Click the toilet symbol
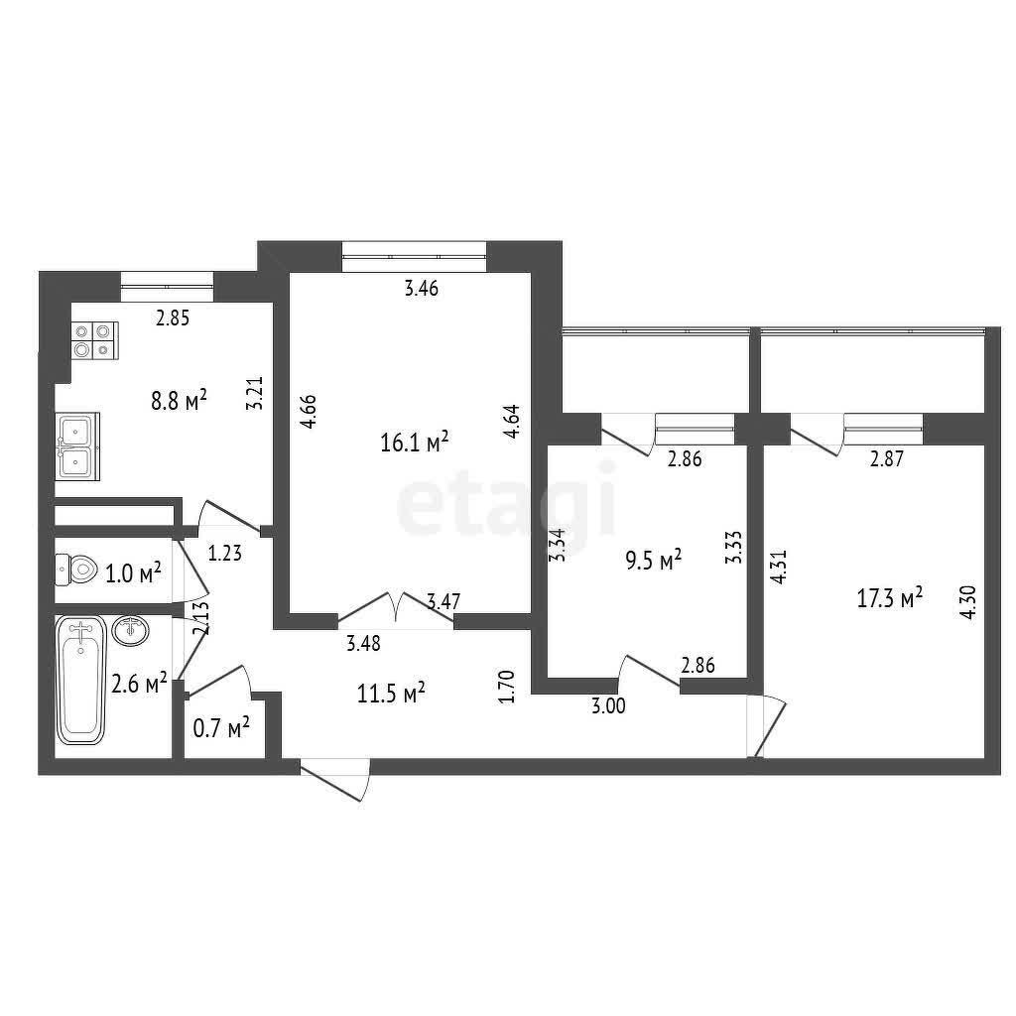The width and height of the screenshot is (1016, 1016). click(76, 570)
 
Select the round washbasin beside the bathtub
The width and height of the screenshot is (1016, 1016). click(130, 630)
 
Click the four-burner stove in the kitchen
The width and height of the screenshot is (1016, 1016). click(94, 340)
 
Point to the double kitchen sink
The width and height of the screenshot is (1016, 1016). click(77, 445)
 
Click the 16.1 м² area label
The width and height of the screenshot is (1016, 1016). click(415, 443)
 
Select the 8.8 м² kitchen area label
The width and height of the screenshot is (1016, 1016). click(179, 400)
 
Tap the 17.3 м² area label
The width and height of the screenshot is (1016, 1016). click(890, 598)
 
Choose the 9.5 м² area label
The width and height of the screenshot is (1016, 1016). click(653, 560)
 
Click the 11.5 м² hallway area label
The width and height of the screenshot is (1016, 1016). click(391, 694)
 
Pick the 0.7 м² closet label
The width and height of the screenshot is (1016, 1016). click(221, 728)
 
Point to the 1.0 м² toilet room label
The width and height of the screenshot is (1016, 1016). click(133, 572)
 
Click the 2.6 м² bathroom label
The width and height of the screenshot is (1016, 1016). click(139, 683)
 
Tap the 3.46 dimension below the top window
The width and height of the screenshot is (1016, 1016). click(421, 289)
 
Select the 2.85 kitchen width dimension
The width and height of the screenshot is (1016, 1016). click(173, 318)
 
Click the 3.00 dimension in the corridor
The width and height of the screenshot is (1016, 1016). click(608, 705)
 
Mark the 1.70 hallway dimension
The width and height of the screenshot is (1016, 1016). click(507, 687)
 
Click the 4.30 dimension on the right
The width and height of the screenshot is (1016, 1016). click(968, 602)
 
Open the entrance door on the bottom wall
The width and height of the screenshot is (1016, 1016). click(335, 779)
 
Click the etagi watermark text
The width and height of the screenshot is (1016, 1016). click(506, 501)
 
